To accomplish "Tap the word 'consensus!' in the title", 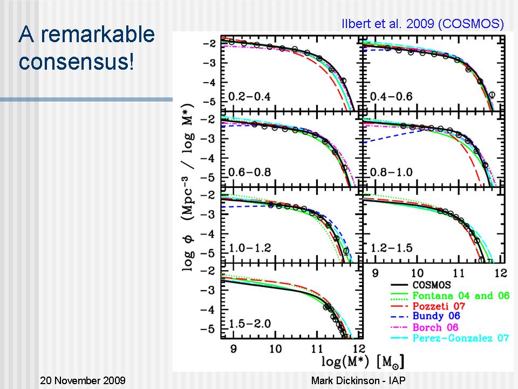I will pyautogui.click(x=76, y=61).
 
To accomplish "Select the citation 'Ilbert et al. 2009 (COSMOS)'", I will pyautogui.click(x=422, y=24).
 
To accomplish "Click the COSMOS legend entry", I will pyautogui.click(x=431, y=285).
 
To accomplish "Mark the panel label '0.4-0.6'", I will pyautogui.click(x=392, y=97).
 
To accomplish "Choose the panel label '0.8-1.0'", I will pyautogui.click(x=392, y=172).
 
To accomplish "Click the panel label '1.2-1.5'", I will pyautogui.click(x=392, y=249).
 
